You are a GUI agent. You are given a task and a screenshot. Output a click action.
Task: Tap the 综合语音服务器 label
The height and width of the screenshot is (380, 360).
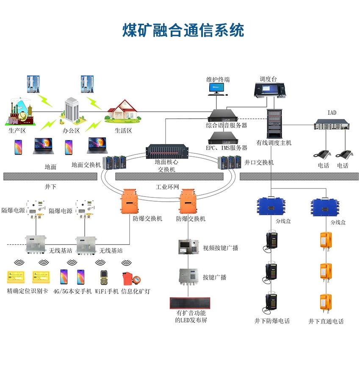pyautogui.click(x=227, y=125)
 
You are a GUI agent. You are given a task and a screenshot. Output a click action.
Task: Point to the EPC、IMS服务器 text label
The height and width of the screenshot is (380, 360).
pyautogui.click(x=227, y=148)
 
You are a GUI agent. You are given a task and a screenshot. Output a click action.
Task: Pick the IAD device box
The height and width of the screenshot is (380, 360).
pyautogui.click(x=332, y=125)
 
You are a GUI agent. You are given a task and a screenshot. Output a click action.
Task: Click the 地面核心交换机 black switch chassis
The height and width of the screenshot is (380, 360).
pyautogui.click(x=166, y=152)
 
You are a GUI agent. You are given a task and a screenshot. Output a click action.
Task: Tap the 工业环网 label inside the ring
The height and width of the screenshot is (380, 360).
pyautogui.click(x=167, y=187)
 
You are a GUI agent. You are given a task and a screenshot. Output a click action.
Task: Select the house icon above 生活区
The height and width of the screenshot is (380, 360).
pyautogui.click(x=123, y=109)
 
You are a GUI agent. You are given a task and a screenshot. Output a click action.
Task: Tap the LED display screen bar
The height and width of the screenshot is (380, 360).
pyautogui.click(x=191, y=303)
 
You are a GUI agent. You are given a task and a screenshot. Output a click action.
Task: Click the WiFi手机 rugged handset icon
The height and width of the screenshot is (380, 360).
pyautogui.click(x=104, y=277)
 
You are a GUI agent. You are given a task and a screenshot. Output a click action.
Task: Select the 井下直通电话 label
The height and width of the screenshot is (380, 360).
pyautogui.click(x=326, y=322)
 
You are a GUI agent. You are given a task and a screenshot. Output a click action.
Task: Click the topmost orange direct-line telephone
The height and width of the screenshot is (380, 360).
pyautogui.click(x=325, y=240)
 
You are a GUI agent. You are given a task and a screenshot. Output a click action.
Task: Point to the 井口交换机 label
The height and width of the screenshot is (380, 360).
pyautogui.click(x=259, y=162)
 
